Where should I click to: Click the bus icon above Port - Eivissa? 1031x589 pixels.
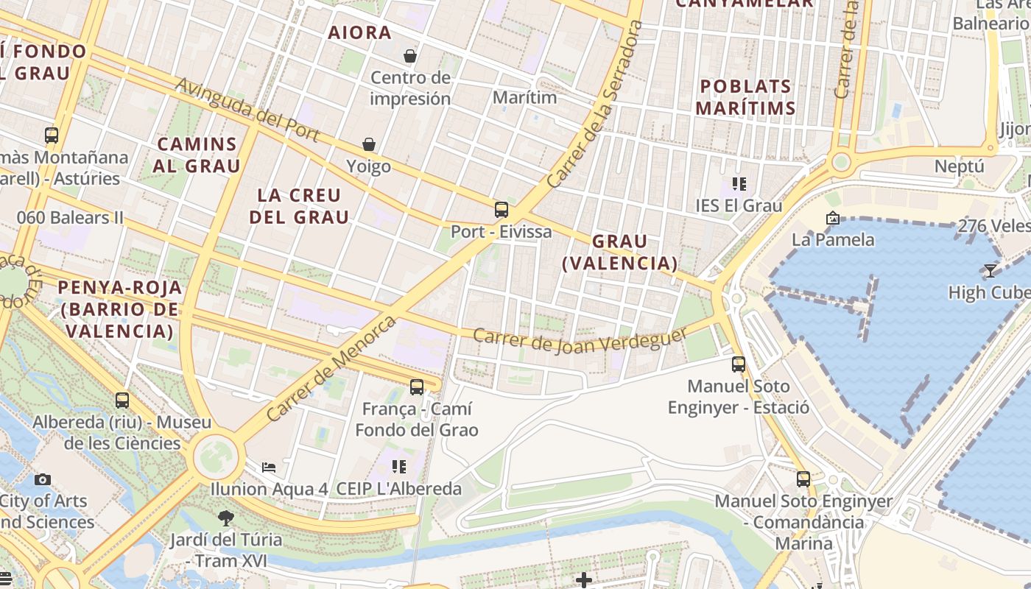[502, 210]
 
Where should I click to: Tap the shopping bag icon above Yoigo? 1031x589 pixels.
[368, 144]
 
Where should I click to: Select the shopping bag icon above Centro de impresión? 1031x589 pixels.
[410, 56]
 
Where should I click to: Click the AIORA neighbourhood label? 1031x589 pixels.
[360, 33]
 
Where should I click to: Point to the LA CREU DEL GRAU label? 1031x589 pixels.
[299, 206]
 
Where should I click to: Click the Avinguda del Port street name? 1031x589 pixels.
[247, 110]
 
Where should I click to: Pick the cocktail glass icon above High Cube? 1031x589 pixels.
[990, 271]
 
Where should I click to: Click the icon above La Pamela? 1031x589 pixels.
[833, 218]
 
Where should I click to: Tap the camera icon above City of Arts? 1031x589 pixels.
[43, 479]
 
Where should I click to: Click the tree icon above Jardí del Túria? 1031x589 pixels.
[226, 518]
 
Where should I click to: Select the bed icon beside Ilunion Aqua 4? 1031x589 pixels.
[269, 468]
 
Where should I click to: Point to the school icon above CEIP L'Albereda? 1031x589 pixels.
[399, 466]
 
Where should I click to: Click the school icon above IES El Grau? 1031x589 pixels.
[739, 184]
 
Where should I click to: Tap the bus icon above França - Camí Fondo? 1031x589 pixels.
[417, 387]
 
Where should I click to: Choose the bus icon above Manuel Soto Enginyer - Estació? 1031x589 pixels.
[739, 364]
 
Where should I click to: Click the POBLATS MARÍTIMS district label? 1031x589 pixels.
[745, 97]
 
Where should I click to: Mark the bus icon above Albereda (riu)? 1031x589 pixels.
[122, 401]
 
